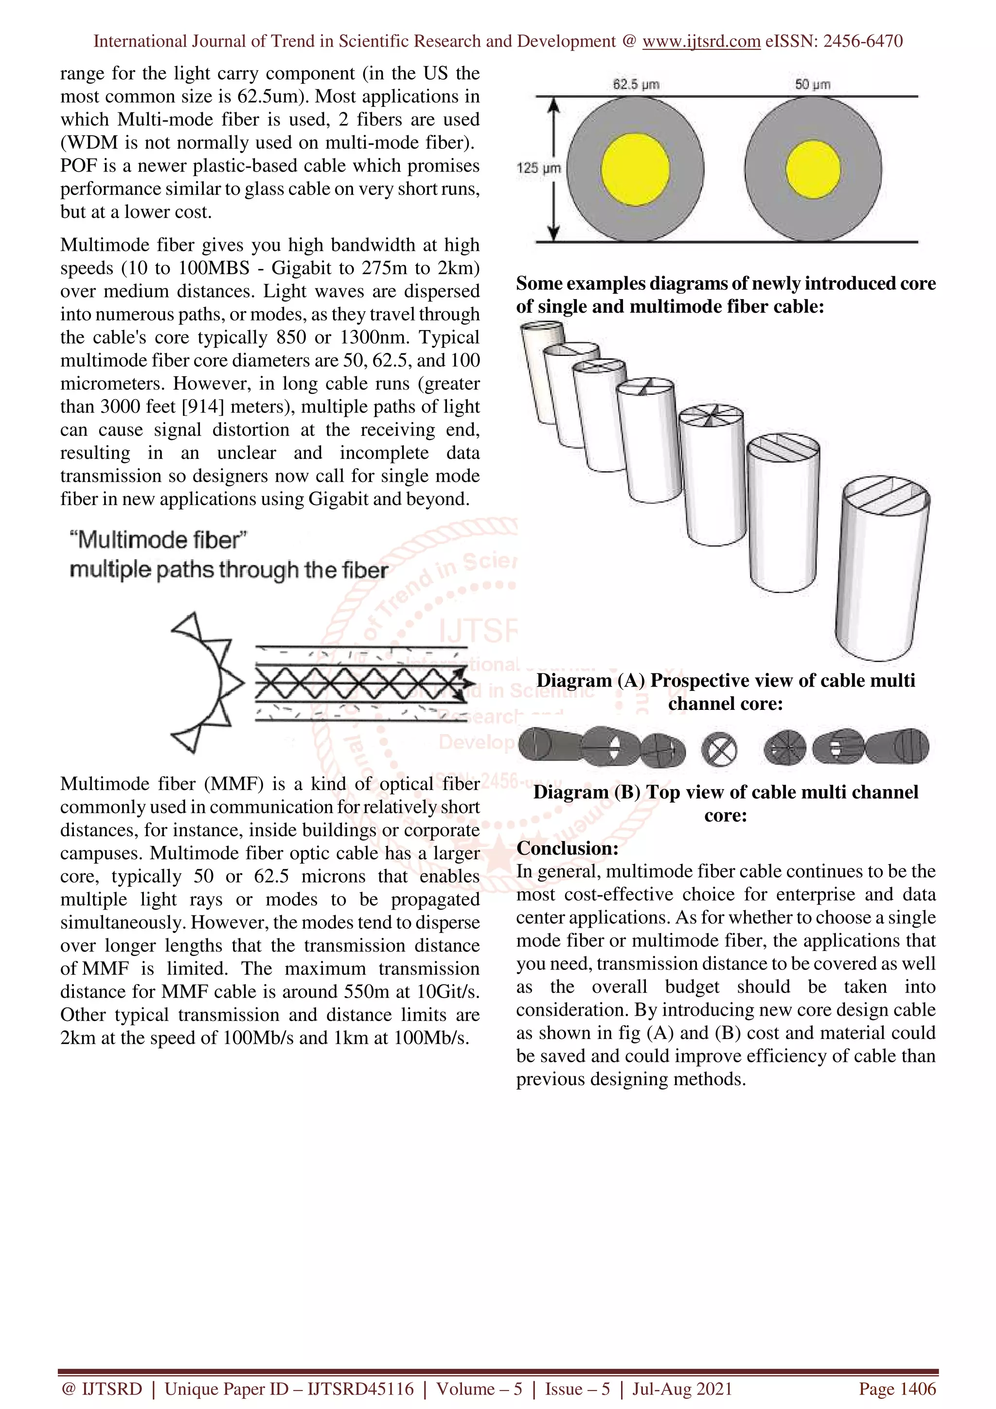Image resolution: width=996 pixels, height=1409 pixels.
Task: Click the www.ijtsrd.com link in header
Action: tap(701, 41)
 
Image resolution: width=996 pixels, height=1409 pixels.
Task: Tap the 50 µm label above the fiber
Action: tap(813, 84)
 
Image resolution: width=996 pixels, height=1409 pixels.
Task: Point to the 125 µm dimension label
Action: tap(538, 168)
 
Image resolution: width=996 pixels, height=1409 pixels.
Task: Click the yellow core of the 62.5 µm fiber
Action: tap(635, 169)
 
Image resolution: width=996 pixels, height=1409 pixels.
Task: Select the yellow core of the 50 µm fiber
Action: tap(813, 169)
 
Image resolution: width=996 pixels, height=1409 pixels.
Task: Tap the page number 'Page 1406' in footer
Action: tap(897, 1388)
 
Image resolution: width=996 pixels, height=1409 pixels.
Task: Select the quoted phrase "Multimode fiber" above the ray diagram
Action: tap(159, 540)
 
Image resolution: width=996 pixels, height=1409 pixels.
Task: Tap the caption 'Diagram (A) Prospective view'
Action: tap(726, 681)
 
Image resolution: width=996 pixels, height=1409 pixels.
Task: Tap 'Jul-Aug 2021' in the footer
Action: tap(682, 1388)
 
